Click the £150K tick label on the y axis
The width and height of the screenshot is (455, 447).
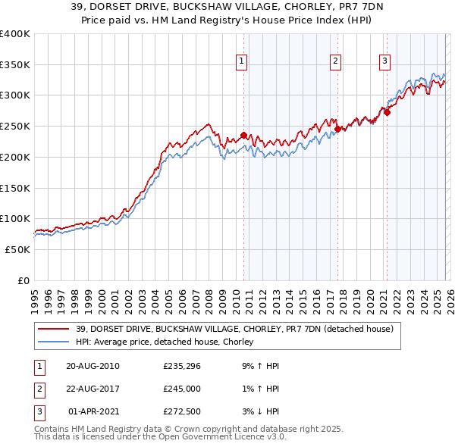pyautogui.click(x=14, y=187)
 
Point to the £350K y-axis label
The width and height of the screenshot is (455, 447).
pyautogui.click(x=14, y=64)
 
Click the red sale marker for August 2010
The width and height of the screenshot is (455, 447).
pyautogui.click(x=243, y=136)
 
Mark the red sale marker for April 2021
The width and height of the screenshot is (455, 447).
pyautogui.click(x=387, y=112)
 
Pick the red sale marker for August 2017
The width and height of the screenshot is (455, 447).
pyautogui.click(x=337, y=130)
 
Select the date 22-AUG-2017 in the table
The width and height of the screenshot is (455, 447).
pyautogui.click(x=93, y=389)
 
